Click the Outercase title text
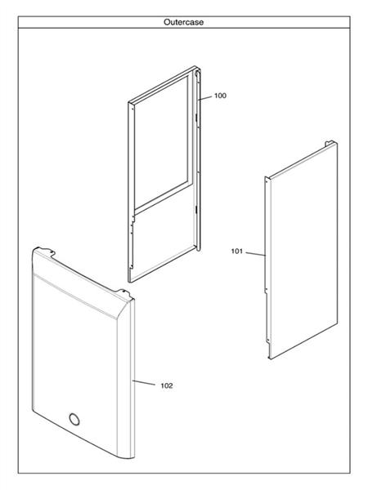coord(183,22)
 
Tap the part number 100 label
coord(220,96)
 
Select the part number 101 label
coord(237,251)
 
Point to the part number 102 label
coord(167,385)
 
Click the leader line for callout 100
coord(205,98)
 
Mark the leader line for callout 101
coord(256,254)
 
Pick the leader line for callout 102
coord(144,382)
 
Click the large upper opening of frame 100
coord(161,142)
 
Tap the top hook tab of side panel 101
coord(329,144)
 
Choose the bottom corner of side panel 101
coord(270,359)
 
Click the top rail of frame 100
coord(162,84)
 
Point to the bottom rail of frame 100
coord(163,263)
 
